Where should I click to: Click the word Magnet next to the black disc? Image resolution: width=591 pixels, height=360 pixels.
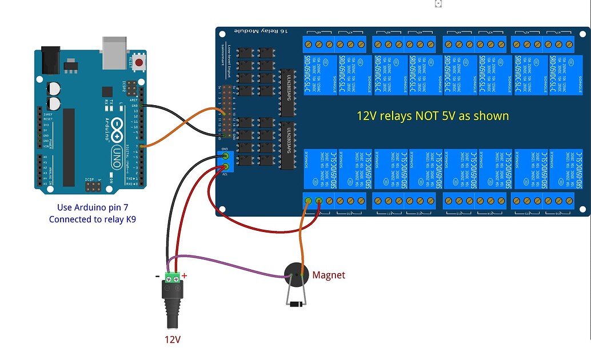tap(329, 275)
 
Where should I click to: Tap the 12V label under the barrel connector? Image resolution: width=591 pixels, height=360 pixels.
tap(172, 339)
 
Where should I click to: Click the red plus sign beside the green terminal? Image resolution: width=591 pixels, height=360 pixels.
tap(185, 275)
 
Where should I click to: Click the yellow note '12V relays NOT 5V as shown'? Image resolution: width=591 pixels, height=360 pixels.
tap(433, 115)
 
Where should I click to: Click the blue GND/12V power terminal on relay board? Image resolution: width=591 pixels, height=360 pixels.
tap(226, 161)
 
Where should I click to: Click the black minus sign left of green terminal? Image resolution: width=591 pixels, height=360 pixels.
tap(157, 276)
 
